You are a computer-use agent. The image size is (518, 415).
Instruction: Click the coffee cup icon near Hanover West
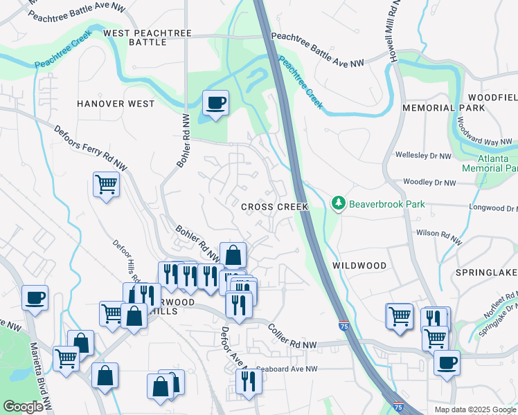(x=215, y=104)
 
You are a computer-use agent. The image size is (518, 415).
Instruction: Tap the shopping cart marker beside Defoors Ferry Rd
(x=106, y=185)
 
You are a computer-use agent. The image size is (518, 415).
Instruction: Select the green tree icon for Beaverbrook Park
(x=339, y=204)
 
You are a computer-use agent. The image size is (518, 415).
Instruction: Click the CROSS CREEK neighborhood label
(x=274, y=207)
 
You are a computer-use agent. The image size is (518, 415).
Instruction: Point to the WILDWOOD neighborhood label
(x=359, y=266)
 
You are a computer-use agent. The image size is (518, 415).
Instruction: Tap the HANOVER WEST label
(x=116, y=104)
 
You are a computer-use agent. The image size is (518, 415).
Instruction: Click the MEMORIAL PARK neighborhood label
(x=443, y=109)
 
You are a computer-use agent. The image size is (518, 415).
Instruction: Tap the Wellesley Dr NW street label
(x=424, y=155)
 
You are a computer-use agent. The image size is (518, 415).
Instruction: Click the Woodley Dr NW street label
(x=430, y=183)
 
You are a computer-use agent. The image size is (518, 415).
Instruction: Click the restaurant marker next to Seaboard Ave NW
(x=248, y=380)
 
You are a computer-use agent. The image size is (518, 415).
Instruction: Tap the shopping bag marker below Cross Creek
(x=233, y=255)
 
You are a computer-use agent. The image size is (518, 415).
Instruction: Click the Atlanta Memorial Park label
(x=490, y=163)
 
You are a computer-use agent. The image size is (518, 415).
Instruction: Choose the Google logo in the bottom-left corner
(x=23, y=407)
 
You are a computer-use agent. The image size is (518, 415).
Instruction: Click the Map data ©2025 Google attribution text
(x=475, y=409)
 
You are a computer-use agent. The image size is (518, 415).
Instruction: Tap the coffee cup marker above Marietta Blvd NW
(x=35, y=298)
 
